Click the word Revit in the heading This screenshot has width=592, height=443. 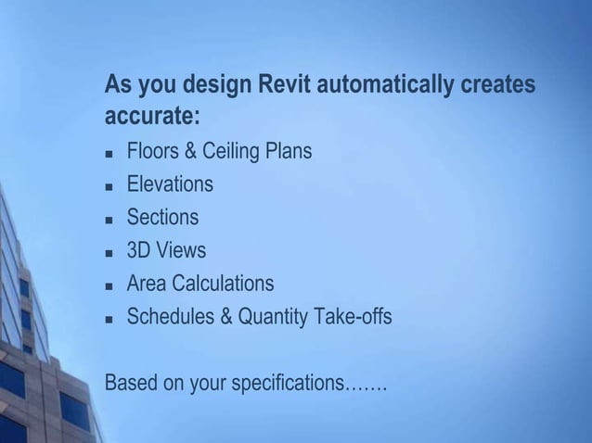tap(284, 86)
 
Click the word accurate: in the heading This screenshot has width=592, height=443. tap(152, 119)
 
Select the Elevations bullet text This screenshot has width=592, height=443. tap(170, 184)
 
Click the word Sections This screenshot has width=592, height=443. tap(162, 218)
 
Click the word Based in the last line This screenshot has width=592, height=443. tap(131, 382)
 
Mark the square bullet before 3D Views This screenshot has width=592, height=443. tap(109, 252)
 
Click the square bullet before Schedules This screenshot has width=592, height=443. tap(109, 319)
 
